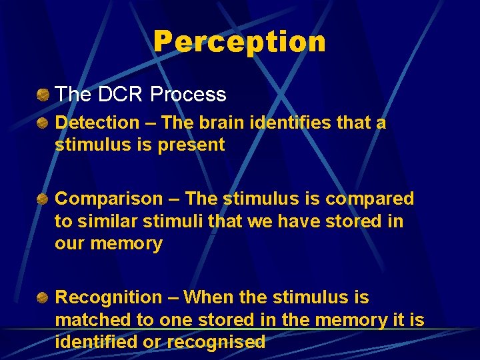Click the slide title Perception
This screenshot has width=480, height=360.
point(239,41)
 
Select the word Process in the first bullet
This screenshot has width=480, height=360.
point(189,95)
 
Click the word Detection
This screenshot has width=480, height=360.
point(97,123)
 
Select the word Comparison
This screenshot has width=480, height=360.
point(109,199)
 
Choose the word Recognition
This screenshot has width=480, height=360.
point(109,297)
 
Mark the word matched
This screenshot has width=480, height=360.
point(93,320)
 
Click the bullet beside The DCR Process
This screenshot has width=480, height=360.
point(43,95)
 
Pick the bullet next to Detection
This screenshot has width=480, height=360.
point(43,123)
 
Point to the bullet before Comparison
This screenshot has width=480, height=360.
point(43,199)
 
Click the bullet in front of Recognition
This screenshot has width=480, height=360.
point(43,297)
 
